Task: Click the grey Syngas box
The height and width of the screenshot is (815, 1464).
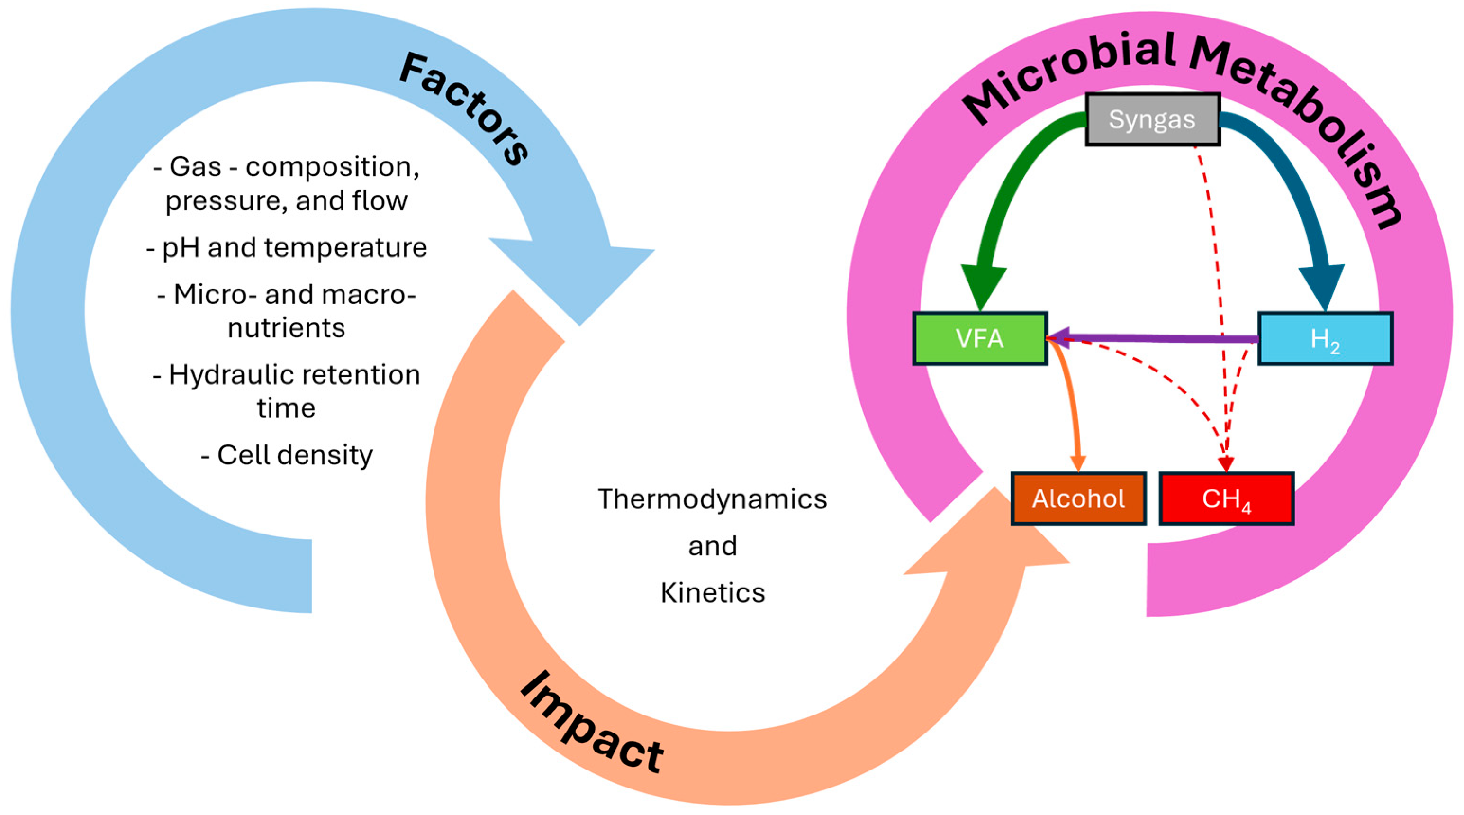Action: [x=1152, y=119]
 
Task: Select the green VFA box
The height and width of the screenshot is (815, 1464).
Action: [x=980, y=338]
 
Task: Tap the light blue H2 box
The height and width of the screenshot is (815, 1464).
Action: [x=1325, y=339]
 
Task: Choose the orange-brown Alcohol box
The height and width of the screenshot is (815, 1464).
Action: [x=1078, y=498]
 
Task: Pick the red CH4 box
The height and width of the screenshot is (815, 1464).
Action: [x=1227, y=498]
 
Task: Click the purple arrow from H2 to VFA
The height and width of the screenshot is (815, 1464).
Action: [x=1154, y=338]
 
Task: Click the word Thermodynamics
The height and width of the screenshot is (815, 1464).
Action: [x=712, y=499]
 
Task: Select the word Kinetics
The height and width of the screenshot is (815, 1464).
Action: [x=712, y=593]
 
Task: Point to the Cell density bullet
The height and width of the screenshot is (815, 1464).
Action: [x=287, y=455]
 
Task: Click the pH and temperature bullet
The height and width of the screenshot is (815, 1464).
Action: [x=287, y=247]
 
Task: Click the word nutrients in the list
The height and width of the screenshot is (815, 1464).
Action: [x=287, y=328]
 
